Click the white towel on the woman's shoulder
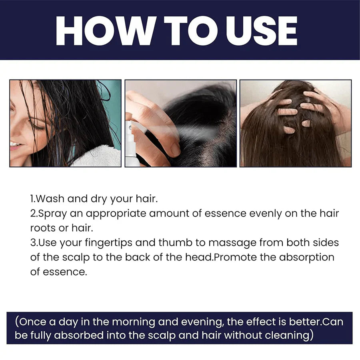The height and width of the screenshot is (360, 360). pyautogui.click(x=98, y=157)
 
